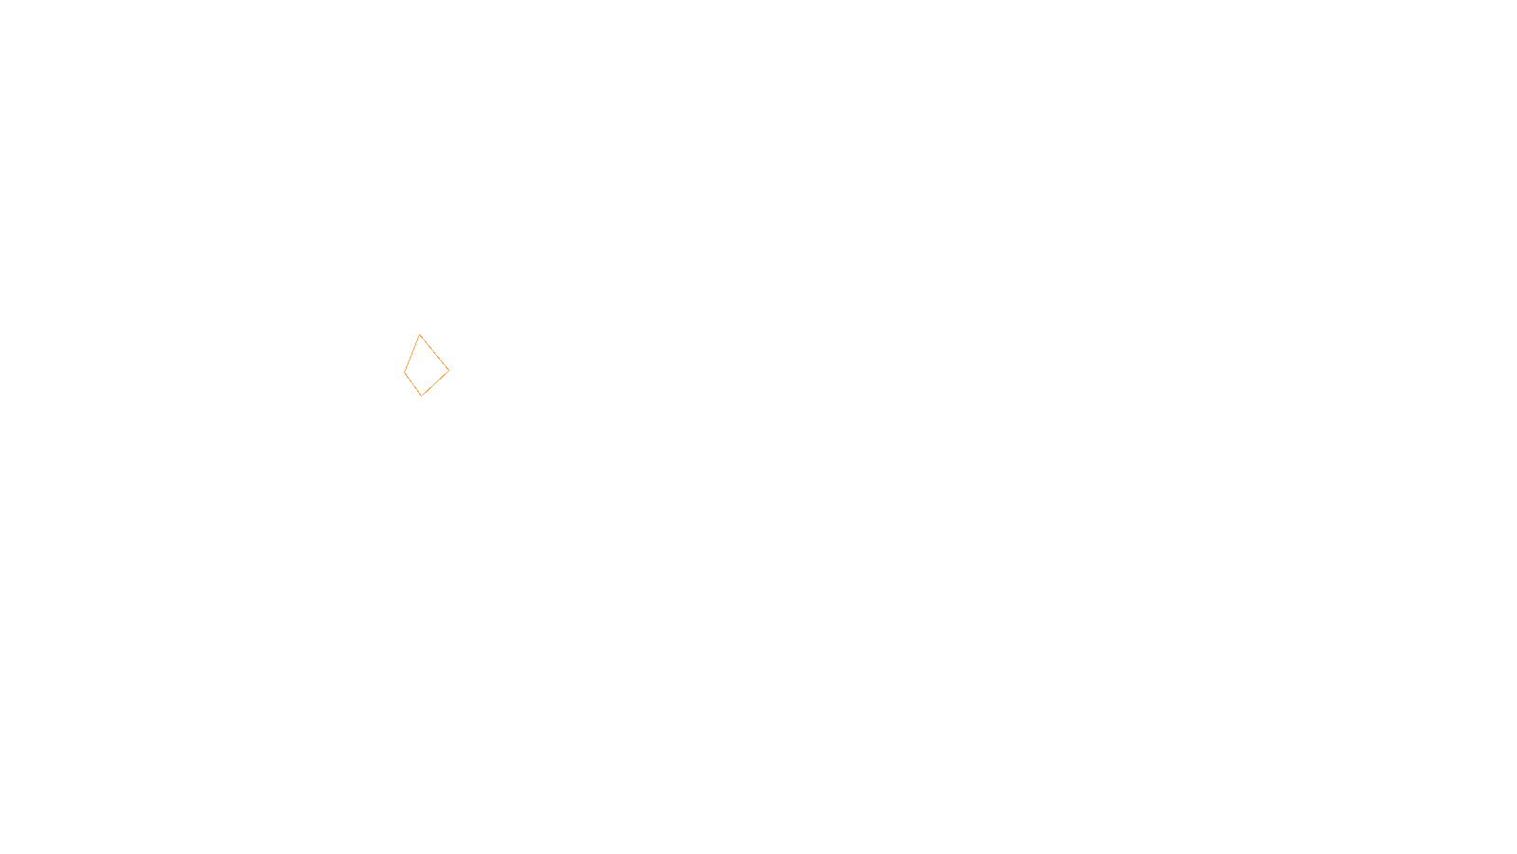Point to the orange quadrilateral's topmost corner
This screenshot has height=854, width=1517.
[419, 335]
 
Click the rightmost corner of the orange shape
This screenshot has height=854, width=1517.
[448, 370]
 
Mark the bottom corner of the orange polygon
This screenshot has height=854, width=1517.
[421, 395]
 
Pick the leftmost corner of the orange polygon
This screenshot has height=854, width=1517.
[404, 371]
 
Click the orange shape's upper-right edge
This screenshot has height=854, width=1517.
[434, 352]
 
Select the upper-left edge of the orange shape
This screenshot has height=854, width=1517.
[411, 353]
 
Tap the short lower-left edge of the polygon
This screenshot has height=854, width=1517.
[412, 383]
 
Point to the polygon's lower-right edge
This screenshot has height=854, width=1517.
[435, 382]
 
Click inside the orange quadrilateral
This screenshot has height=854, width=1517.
[424, 368]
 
